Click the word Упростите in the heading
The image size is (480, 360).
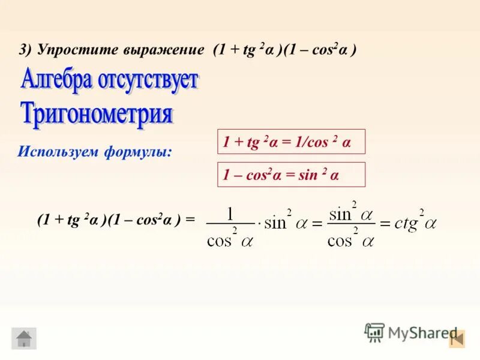pos(71,50)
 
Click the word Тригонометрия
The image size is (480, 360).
pos(97,113)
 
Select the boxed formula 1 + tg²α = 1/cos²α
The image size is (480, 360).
pos(290,142)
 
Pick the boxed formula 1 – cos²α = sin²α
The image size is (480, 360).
pos(290,175)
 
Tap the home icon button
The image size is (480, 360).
pos(24,338)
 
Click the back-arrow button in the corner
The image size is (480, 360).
pos(457,338)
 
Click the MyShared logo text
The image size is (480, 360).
pos(422,332)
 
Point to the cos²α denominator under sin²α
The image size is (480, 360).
pos(351,239)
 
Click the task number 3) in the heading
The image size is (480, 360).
pos(26,50)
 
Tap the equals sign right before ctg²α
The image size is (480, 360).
pos(385,224)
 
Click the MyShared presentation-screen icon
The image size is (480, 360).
pos(374,332)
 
